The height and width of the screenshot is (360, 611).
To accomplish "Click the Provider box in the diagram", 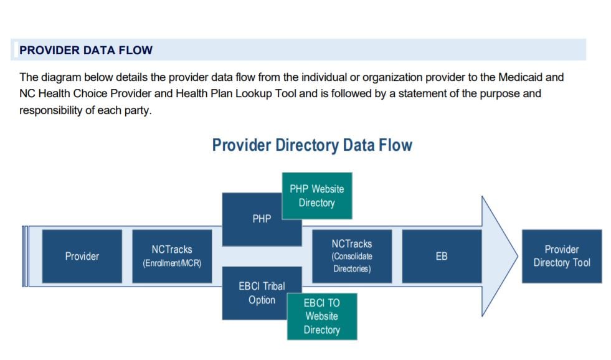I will (82, 256).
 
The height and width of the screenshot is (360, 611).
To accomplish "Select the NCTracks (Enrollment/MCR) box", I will (171, 256).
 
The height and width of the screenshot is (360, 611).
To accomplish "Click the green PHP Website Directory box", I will (316, 196).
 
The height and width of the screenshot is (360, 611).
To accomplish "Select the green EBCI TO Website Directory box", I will (321, 316).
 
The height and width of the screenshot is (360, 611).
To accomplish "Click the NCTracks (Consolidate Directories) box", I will (352, 256).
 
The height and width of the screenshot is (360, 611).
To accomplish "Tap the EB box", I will (442, 256).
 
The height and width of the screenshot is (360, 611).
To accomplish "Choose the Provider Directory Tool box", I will (561, 256).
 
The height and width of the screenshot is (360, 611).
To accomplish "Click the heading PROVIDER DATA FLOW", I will (86, 50).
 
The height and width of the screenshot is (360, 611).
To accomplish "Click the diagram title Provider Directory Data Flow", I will (312, 145).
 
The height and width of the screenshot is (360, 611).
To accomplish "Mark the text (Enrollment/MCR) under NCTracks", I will (171, 263).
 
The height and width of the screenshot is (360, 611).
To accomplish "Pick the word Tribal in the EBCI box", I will (272, 287).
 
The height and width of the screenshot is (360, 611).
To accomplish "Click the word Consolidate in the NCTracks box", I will (352, 257).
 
